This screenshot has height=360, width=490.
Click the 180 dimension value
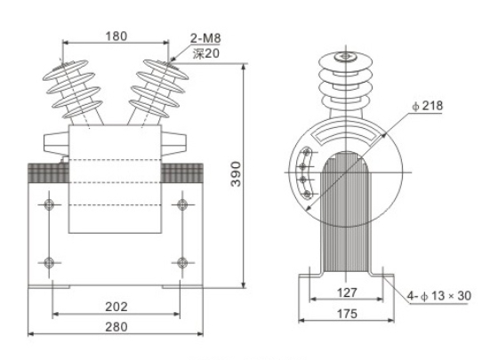(116, 36)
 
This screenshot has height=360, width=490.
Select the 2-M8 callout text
(206, 38)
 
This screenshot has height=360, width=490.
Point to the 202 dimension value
(116, 306)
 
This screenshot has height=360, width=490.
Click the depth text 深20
(205, 53)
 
